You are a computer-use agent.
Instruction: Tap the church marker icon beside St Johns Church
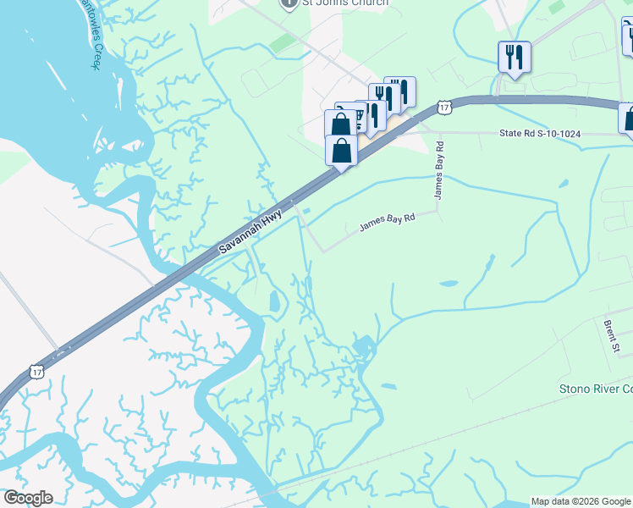pos(289,3)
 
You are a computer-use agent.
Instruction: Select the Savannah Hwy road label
pos(250,234)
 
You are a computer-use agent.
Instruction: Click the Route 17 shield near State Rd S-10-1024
pos(444,106)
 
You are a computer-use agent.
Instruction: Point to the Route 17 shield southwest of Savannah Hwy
pos(36,372)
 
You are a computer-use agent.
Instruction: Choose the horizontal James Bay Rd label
pos(388,223)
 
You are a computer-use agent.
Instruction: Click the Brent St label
pos(612,336)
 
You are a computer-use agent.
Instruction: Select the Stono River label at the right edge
pos(596,389)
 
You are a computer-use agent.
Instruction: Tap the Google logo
pos(28,498)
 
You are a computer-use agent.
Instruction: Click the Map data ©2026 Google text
pos(581,501)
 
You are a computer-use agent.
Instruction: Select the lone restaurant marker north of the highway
pos(514,57)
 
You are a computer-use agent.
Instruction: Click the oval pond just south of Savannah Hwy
pos(273,301)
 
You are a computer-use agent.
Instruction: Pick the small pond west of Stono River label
pos(388,387)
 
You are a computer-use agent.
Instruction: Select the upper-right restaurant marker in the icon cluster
pos(400,91)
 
